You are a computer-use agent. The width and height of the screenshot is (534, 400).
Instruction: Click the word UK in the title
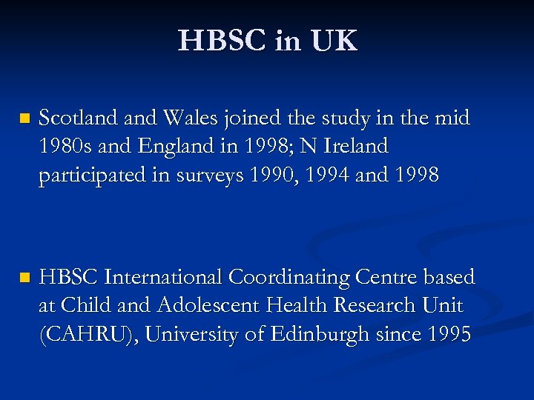334,41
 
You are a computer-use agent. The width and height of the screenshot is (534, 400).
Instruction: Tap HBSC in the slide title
222,41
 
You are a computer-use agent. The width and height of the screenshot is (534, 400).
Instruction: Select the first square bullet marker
24,119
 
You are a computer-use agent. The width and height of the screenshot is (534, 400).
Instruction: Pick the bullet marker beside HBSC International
24,279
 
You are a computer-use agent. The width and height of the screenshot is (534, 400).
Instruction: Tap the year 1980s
64,147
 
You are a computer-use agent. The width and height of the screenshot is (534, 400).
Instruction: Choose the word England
172,147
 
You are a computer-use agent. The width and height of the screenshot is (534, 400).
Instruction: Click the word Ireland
355,147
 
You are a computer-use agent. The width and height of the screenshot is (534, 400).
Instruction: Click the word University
192,335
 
